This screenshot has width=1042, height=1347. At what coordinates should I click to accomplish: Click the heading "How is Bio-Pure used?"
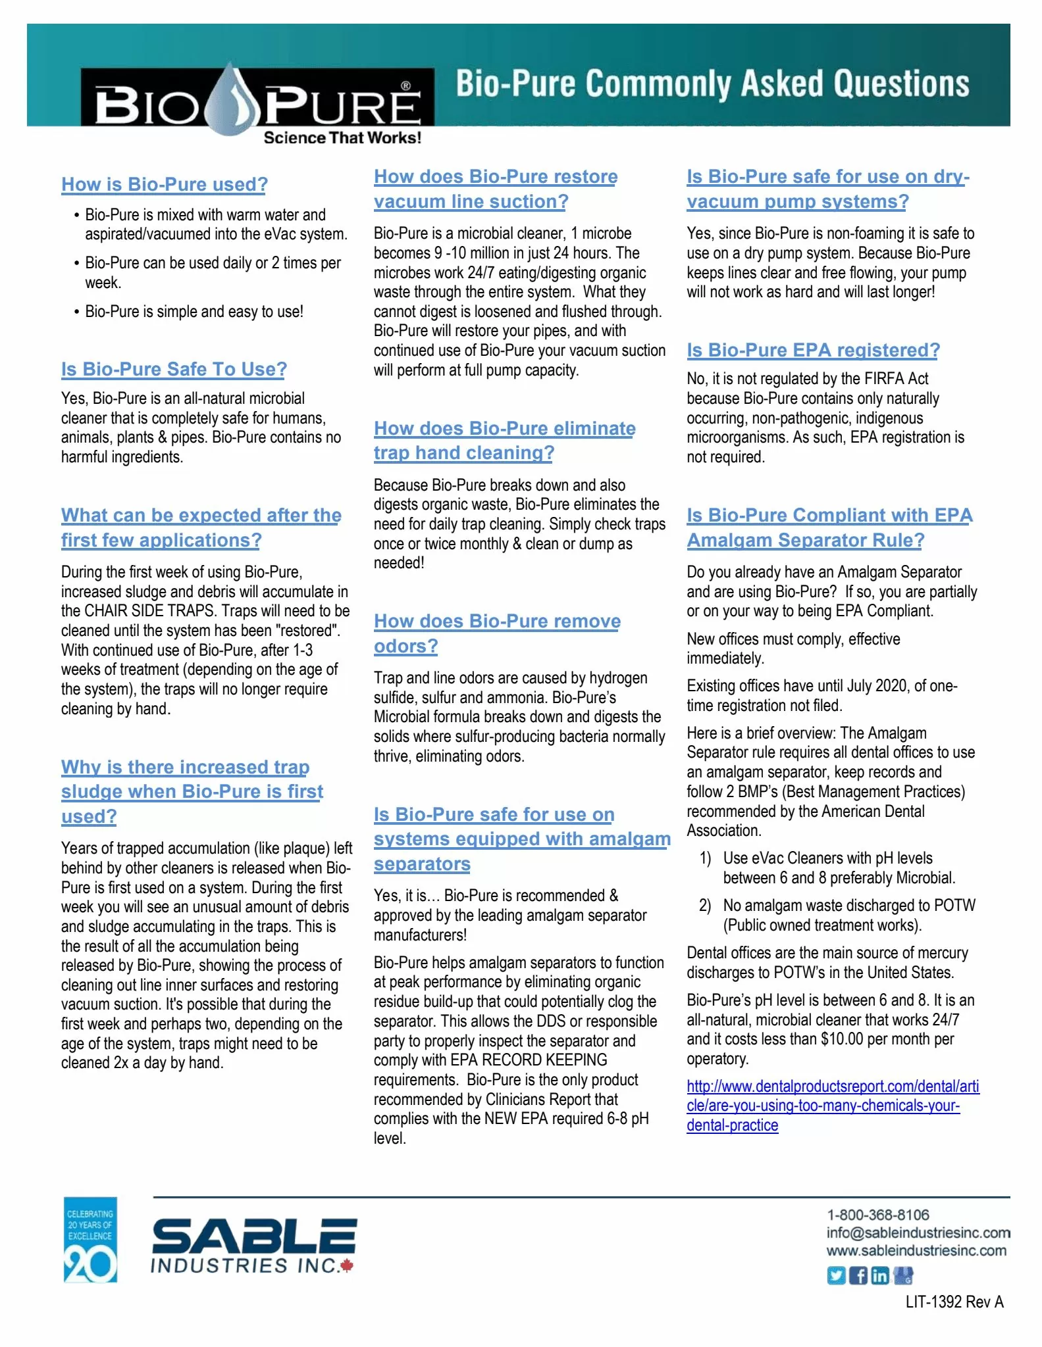pos(165,185)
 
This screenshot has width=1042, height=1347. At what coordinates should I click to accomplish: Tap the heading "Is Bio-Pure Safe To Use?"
pos(174,370)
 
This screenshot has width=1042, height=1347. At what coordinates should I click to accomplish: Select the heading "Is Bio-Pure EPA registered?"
pos(813,351)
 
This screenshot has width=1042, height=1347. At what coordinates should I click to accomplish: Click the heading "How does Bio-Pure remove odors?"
pos(497,633)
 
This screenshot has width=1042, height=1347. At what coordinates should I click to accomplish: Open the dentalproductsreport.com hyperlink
pos(832,1106)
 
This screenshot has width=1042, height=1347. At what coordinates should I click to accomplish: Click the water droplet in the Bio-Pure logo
pos(234,99)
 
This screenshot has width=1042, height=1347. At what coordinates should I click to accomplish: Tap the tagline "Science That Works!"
pos(342,138)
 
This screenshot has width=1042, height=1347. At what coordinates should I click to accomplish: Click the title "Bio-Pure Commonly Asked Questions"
pos(712,84)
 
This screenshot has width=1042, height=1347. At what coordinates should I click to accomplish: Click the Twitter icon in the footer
pos(836,1276)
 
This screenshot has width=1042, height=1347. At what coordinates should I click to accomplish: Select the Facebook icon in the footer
pos(858,1276)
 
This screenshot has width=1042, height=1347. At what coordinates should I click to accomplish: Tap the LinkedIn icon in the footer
pos(879,1276)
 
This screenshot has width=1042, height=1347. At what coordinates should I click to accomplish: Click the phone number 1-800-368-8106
pos(878,1215)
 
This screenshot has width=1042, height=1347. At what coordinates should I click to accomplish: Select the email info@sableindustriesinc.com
pos(918,1233)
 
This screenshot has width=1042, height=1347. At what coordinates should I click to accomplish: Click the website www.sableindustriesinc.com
pos(916,1250)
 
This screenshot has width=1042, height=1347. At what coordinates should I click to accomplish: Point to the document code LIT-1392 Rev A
pos(954,1302)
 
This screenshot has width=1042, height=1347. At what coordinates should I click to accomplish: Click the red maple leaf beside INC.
pos(348,1265)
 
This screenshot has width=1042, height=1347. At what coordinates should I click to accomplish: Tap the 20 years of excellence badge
pos(90,1240)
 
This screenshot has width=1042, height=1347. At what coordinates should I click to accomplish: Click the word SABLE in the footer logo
pos(255,1237)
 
